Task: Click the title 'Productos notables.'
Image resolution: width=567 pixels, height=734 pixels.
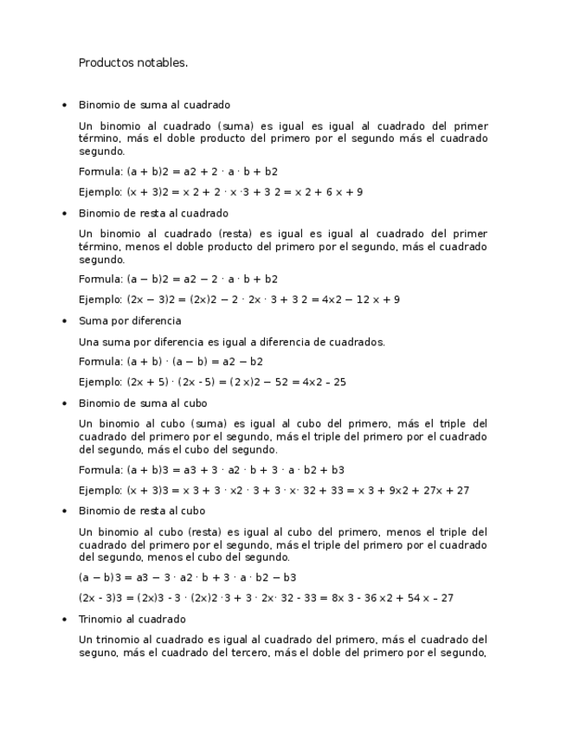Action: click(133, 62)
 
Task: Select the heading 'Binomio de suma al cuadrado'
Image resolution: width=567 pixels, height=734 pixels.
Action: click(154, 105)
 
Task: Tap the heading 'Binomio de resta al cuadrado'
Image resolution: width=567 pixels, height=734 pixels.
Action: click(153, 213)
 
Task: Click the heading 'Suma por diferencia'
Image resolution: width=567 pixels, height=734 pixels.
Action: click(130, 321)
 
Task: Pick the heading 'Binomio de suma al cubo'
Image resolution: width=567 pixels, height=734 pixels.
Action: click(143, 403)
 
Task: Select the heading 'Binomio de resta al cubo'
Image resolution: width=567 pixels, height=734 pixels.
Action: click(142, 512)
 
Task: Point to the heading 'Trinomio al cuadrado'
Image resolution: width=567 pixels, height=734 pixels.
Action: click(132, 620)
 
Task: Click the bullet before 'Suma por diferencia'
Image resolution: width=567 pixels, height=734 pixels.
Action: click(64, 321)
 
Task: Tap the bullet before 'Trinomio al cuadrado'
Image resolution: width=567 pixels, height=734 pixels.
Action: click(64, 620)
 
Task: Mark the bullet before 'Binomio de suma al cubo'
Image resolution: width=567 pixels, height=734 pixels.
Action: click(64, 403)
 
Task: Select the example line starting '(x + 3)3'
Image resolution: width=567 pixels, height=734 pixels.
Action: click(274, 491)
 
